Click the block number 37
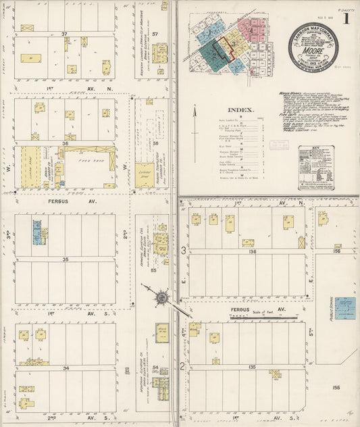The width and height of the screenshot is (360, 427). coord(65,34)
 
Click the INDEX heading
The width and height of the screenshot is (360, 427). coord(240,109)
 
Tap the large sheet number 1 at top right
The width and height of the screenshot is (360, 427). coord(346,19)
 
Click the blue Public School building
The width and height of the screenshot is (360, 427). coord(345,307)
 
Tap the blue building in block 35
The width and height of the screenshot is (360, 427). coord(37,232)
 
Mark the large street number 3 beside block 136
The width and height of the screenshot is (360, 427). coord(183,251)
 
